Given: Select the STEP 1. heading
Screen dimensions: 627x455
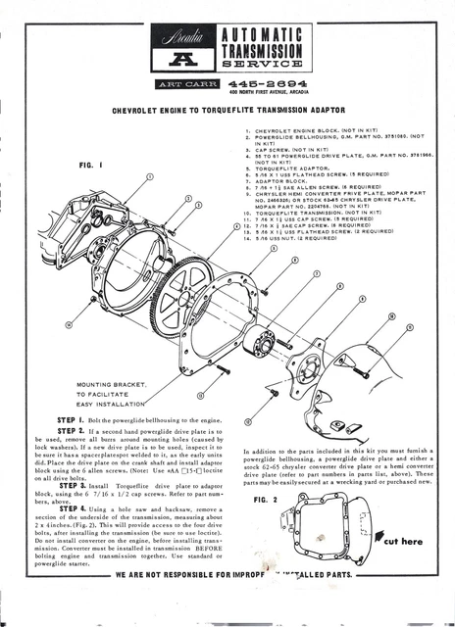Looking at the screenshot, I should pos(75,418).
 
